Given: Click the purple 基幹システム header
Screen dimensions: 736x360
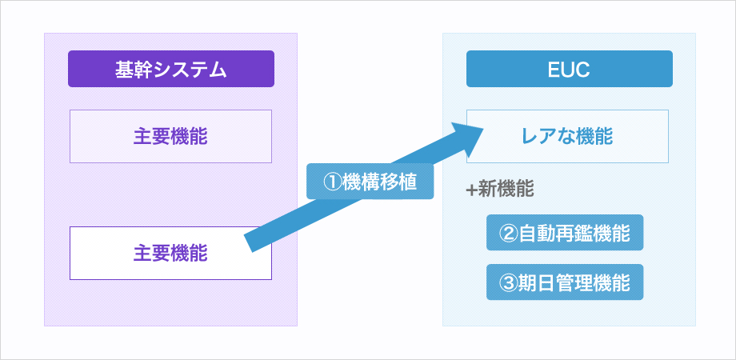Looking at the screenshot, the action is [x=171, y=69].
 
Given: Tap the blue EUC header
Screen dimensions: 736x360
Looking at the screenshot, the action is [x=570, y=69].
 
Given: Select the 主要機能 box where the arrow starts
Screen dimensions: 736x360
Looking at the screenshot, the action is [x=171, y=254].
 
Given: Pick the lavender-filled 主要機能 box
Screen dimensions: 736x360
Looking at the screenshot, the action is [x=171, y=137].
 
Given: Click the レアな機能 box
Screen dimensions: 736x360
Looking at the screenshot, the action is [x=567, y=137].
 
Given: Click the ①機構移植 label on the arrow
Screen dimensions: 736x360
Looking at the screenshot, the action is [x=370, y=181].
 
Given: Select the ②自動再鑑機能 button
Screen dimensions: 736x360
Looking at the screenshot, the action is [x=565, y=233].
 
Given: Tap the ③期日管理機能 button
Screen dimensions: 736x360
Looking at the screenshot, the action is [x=565, y=282].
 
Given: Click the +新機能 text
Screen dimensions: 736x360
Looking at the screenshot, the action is [x=500, y=190].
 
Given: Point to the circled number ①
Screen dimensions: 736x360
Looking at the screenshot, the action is [x=332, y=182].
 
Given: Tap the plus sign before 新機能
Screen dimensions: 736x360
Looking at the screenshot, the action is [x=471, y=190].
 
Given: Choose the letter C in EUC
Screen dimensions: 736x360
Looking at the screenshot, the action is [x=583, y=70].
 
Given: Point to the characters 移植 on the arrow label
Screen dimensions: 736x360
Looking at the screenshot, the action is [x=398, y=182].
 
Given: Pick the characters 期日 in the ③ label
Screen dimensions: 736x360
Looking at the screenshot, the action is [x=535, y=282].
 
